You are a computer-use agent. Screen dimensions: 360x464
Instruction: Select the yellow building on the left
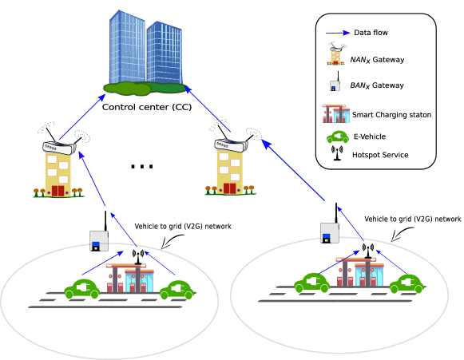click(58, 169)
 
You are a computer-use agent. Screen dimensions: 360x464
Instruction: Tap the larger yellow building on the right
click(230, 168)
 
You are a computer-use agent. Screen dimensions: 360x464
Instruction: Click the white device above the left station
click(99, 240)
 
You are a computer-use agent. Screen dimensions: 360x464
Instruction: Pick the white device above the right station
click(329, 232)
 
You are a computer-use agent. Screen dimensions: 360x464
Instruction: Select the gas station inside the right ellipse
click(359, 271)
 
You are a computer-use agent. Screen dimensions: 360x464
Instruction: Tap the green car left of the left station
click(81, 288)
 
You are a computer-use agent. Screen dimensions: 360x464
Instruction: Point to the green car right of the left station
click(176, 290)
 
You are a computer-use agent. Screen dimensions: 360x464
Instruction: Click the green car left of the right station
click(311, 283)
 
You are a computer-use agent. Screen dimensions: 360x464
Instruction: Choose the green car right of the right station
click(406, 283)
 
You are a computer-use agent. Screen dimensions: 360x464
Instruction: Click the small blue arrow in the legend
click(339, 33)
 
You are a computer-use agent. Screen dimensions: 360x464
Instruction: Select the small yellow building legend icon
click(335, 56)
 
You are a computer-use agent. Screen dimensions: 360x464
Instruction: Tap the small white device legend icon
click(335, 85)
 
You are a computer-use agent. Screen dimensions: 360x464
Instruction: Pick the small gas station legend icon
click(336, 113)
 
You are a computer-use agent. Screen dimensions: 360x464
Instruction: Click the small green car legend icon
click(338, 136)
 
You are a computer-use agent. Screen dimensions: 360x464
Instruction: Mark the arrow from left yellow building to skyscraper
click(82, 117)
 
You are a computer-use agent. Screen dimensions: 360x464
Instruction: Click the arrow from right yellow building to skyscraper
click(208, 109)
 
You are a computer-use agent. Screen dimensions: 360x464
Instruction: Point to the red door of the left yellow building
click(58, 191)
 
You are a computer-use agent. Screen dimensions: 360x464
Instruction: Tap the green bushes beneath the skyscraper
click(128, 89)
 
